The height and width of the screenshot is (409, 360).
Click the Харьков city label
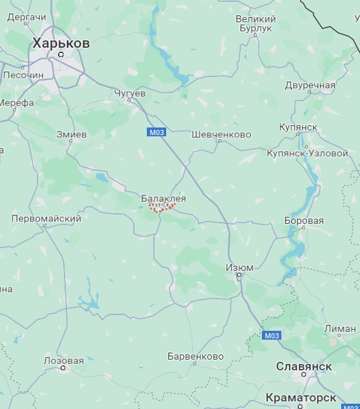click(61, 43)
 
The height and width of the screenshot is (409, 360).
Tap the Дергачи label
click(26, 18)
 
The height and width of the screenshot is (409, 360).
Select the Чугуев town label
click(129, 93)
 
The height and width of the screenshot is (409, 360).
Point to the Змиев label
click(71, 135)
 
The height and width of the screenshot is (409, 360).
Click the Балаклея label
click(163, 199)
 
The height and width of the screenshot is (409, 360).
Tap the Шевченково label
click(221, 135)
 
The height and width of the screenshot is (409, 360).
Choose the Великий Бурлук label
click(256, 24)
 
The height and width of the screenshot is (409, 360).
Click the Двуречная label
click(310, 85)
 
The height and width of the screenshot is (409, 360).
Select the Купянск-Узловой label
click(307, 153)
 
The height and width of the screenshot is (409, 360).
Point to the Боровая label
click(304, 221)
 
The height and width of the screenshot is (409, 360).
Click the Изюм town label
click(240, 268)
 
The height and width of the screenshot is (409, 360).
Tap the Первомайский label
click(46, 219)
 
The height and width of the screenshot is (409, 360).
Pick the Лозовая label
click(63, 360)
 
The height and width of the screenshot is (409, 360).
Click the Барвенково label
click(196, 357)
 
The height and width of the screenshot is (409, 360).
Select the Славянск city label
click(304, 366)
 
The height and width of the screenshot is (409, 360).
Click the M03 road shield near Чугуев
click(156, 132)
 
